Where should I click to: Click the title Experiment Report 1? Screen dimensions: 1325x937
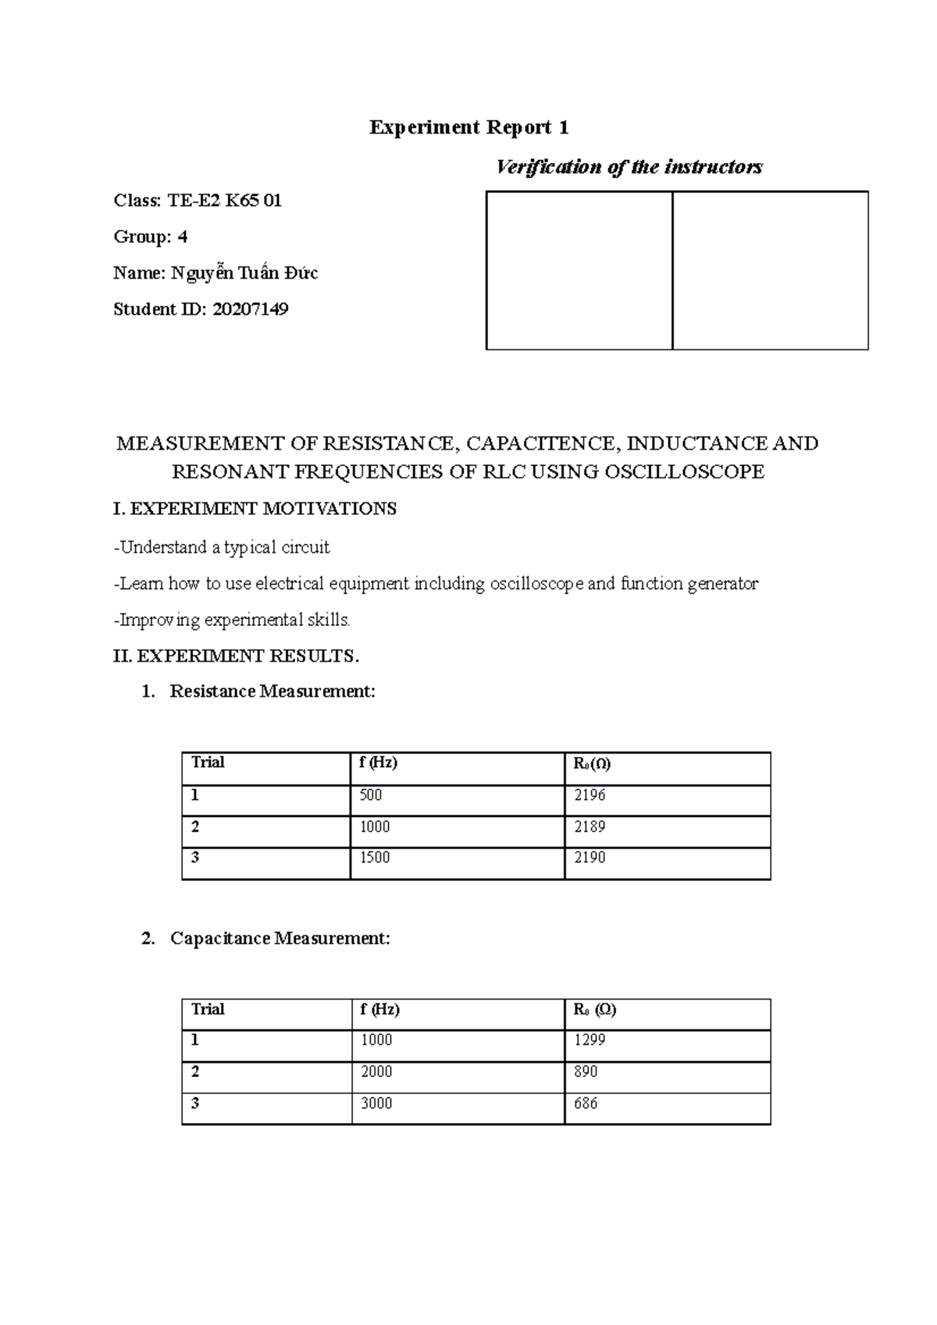(468, 127)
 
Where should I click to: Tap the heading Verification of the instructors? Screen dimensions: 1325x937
(629, 167)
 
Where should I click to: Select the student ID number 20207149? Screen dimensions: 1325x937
(250, 309)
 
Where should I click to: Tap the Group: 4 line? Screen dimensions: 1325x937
(150, 236)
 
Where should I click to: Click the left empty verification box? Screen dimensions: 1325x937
(579, 270)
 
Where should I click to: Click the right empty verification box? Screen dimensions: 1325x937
(770, 270)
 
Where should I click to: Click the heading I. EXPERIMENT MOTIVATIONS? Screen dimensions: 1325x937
(255, 509)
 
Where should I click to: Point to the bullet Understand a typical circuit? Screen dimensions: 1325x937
(223, 547)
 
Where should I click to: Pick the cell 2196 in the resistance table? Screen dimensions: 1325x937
(590, 795)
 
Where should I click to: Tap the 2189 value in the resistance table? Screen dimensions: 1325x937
(590, 826)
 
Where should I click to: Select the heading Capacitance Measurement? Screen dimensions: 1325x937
(280, 938)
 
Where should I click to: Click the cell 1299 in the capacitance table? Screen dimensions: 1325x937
(590, 1040)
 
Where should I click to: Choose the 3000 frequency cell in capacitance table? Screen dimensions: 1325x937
(376, 1103)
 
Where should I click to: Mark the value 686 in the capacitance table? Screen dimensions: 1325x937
(586, 1103)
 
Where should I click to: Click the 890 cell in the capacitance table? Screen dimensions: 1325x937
(586, 1071)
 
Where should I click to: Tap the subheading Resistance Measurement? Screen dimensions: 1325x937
(272, 691)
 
